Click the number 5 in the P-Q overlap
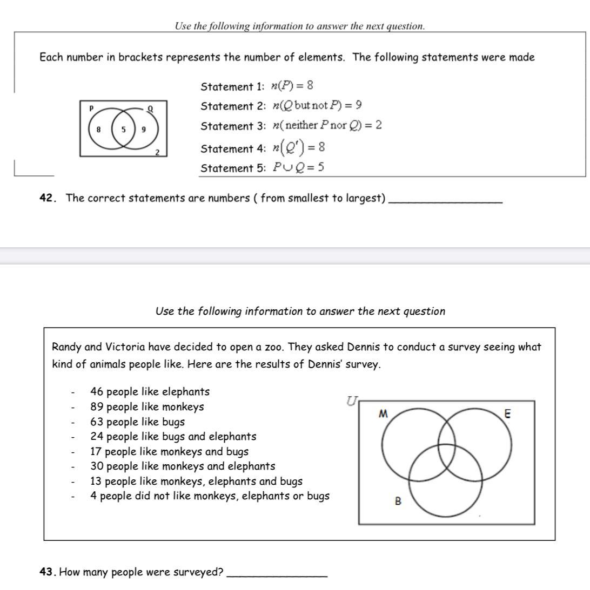point(123,130)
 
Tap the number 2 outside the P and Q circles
point(157,152)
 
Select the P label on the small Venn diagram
point(91,108)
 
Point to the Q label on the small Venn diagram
point(150,108)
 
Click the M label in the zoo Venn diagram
point(383,414)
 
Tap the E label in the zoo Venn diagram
point(507,414)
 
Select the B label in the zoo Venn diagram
point(398,501)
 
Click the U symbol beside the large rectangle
point(352,401)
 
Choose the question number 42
point(48,198)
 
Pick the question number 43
point(48,572)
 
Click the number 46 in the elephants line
point(97,392)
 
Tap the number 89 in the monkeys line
point(97,407)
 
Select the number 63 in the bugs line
point(97,422)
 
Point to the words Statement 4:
point(233,148)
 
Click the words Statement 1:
point(233,87)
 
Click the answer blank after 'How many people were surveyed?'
point(277,574)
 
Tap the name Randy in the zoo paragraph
point(66,347)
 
